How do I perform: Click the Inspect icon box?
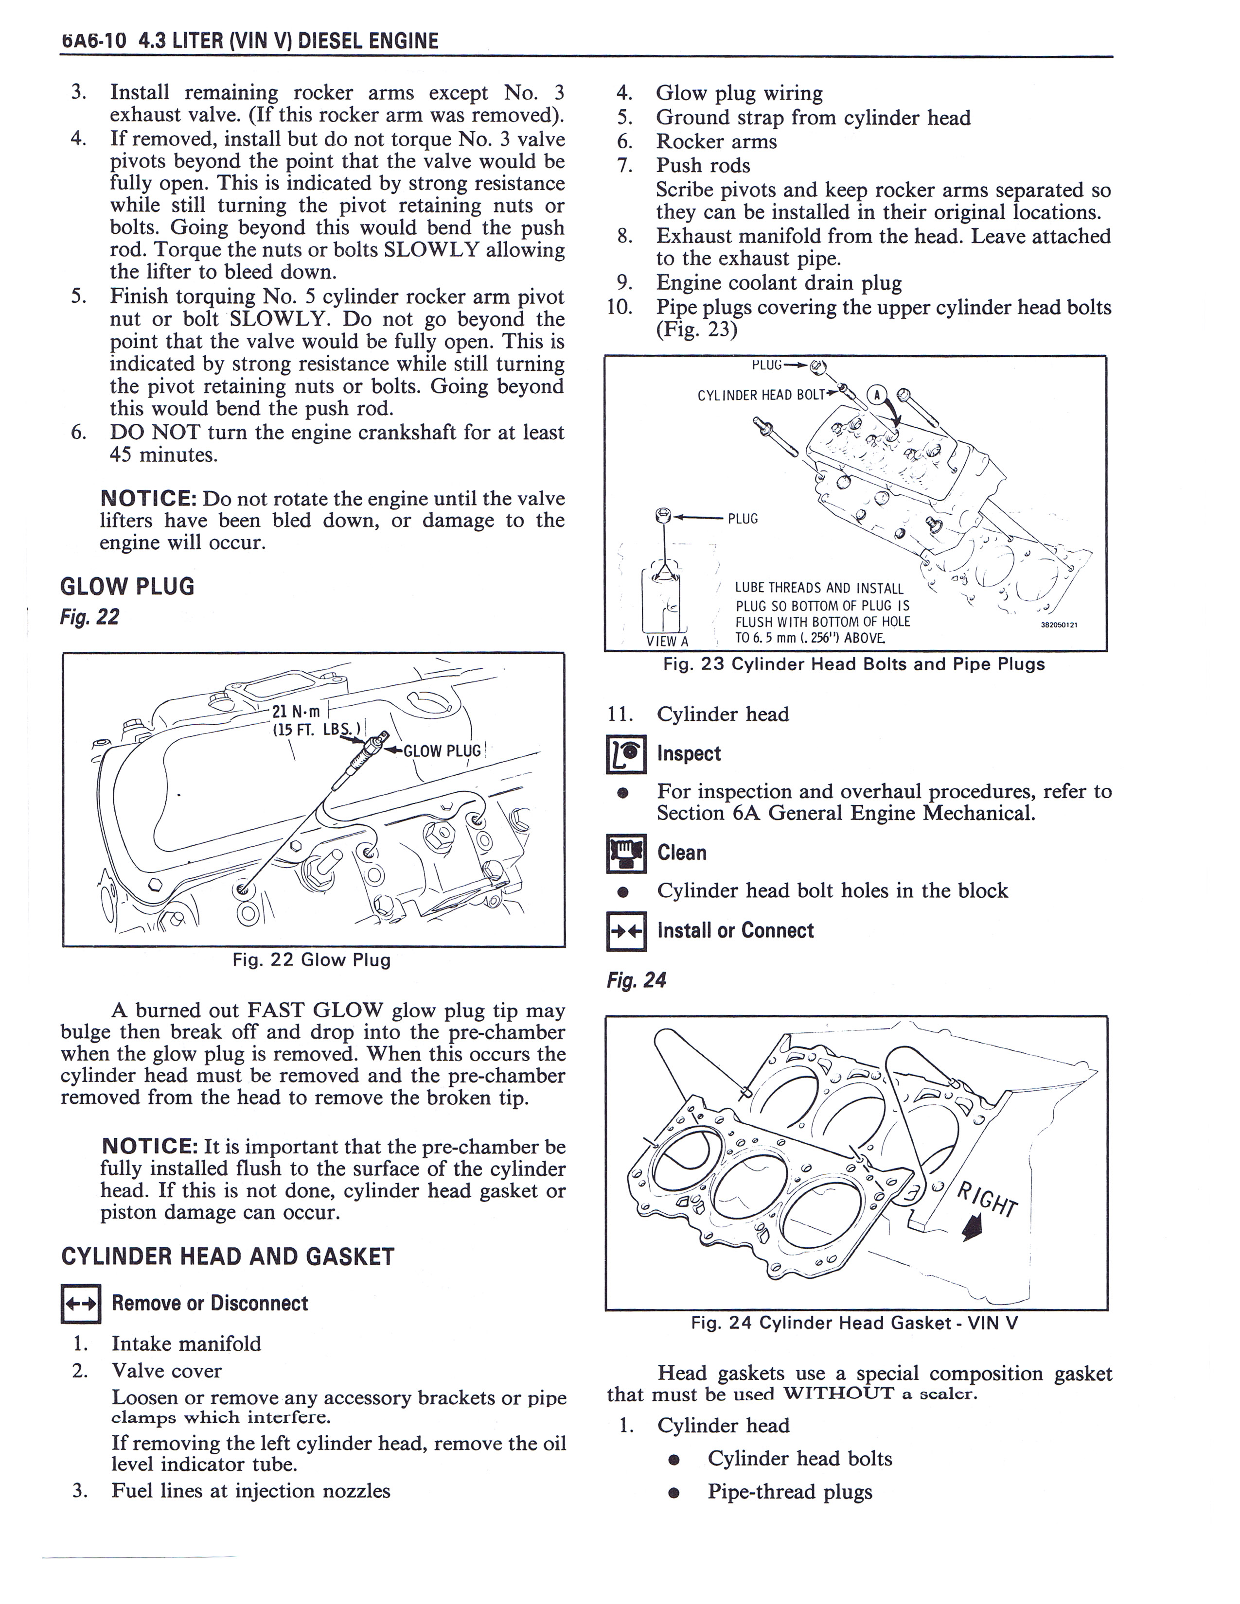(x=626, y=754)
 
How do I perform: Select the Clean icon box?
(x=626, y=854)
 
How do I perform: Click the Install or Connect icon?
(x=626, y=931)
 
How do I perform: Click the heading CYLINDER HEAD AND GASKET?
(x=228, y=1256)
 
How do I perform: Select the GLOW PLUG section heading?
(x=127, y=586)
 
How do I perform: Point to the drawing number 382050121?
(x=1063, y=625)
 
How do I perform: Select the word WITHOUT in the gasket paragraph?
(x=838, y=1393)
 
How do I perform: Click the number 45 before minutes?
(x=121, y=454)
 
